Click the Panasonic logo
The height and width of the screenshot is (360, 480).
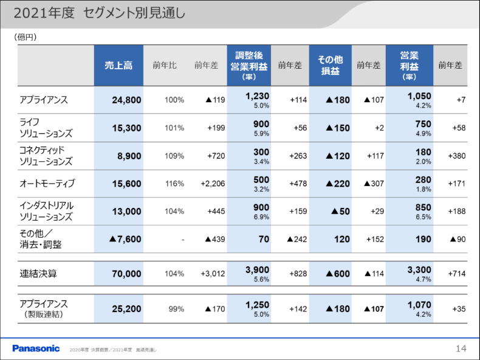tap(36, 348)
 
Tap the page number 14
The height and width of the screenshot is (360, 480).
tap(461, 348)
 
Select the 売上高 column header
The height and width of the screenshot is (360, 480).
tap(118, 65)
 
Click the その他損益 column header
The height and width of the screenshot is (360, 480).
tap(330, 65)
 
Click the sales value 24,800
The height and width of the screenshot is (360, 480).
tap(126, 100)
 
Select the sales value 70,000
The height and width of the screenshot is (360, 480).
tap(126, 274)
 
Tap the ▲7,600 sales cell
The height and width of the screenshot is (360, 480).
tap(125, 240)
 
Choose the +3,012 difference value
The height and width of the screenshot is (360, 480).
tap(213, 274)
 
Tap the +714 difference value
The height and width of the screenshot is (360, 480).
tap(456, 274)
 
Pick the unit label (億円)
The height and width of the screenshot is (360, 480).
tap(26, 37)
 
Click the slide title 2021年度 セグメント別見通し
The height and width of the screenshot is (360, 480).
tap(100, 13)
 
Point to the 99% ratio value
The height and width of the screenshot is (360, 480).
tap(176, 309)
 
